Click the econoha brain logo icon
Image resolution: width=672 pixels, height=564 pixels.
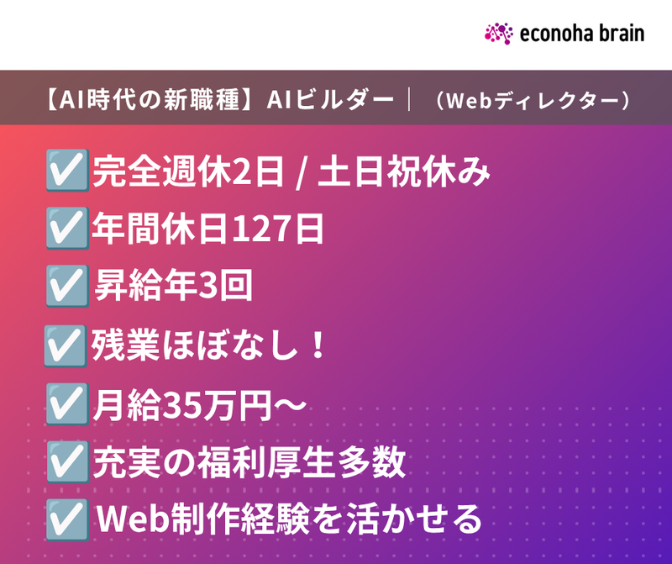coord(499,34)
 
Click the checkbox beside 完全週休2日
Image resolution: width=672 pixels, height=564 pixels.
coord(67,171)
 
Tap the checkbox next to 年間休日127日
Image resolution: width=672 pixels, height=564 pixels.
coord(67,228)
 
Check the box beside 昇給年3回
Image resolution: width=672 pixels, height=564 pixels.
coord(67,286)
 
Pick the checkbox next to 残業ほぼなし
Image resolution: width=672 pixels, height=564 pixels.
coord(66,346)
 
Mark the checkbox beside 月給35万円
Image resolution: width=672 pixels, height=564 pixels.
coord(67,404)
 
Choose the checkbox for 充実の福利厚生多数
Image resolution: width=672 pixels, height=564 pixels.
coord(67,462)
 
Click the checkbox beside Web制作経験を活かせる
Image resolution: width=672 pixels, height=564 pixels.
coord(67,519)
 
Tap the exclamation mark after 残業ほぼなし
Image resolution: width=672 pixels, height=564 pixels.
coord(318,345)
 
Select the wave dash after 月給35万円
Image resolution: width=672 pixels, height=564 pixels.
coord(291,404)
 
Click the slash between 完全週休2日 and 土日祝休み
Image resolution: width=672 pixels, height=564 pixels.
coord(302,173)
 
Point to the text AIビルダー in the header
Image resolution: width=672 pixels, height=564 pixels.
coord(330,99)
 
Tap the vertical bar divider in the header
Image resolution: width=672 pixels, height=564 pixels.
coord(409,99)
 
